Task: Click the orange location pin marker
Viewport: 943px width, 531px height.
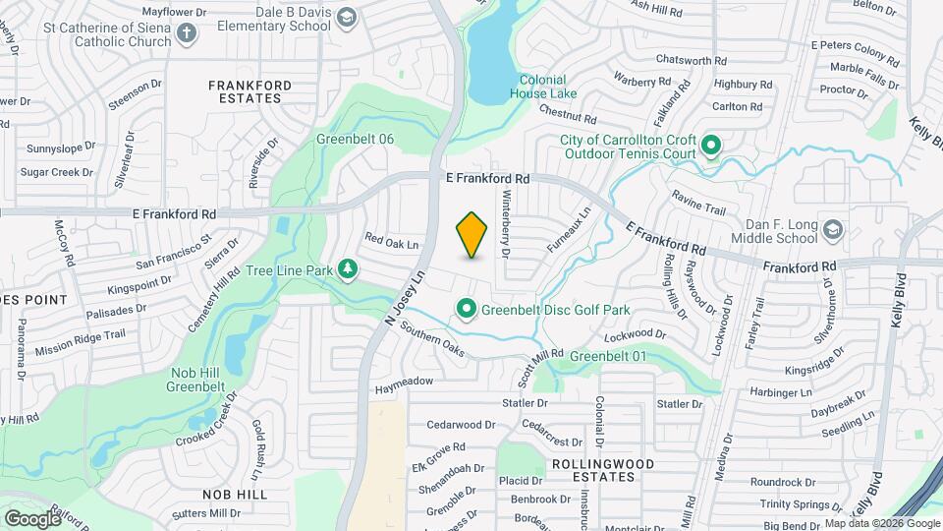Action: click(x=472, y=235)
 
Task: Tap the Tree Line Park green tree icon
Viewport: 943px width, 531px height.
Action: click(x=347, y=269)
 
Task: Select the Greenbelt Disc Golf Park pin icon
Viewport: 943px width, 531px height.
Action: click(x=467, y=310)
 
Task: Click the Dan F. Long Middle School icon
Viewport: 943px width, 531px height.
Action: click(x=832, y=229)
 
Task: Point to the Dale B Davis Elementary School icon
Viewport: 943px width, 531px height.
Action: click(x=346, y=18)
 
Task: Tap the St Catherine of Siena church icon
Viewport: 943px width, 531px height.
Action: click(x=187, y=34)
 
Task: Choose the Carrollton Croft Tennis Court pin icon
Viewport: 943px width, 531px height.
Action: click(x=711, y=147)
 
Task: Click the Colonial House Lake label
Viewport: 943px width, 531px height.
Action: click(x=542, y=87)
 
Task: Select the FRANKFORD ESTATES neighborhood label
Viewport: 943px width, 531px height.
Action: click(x=250, y=92)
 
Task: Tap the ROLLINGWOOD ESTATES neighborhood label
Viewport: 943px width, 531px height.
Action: click(x=592, y=469)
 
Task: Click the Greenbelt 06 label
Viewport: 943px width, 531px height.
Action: click(x=355, y=139)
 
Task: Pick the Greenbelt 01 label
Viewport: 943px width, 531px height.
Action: click(x=608, y=355)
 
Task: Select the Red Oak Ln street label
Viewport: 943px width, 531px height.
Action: click(x=392, y=240)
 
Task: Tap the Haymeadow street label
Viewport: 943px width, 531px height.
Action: click(x=404, y=381)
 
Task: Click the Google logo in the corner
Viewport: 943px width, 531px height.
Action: click(x=33, y=518)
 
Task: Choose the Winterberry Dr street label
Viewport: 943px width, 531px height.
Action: click(x=507, y=225)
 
